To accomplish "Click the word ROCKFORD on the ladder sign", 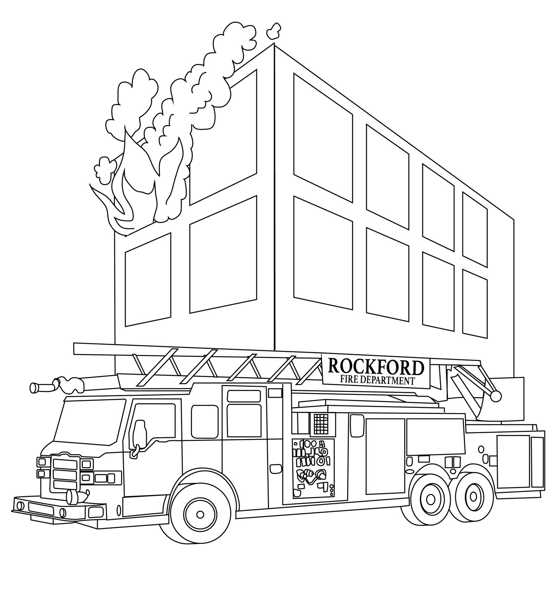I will point(376,368).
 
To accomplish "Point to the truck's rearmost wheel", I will point(473,496).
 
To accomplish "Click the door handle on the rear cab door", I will point(275,467).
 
